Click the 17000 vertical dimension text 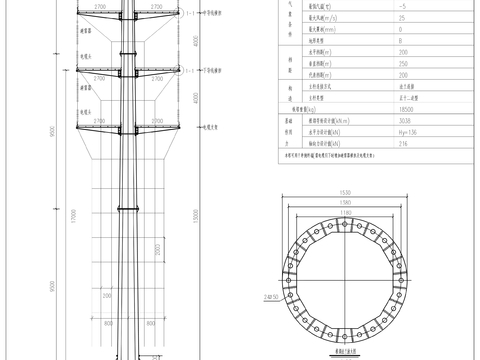73,215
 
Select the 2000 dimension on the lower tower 157,247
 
